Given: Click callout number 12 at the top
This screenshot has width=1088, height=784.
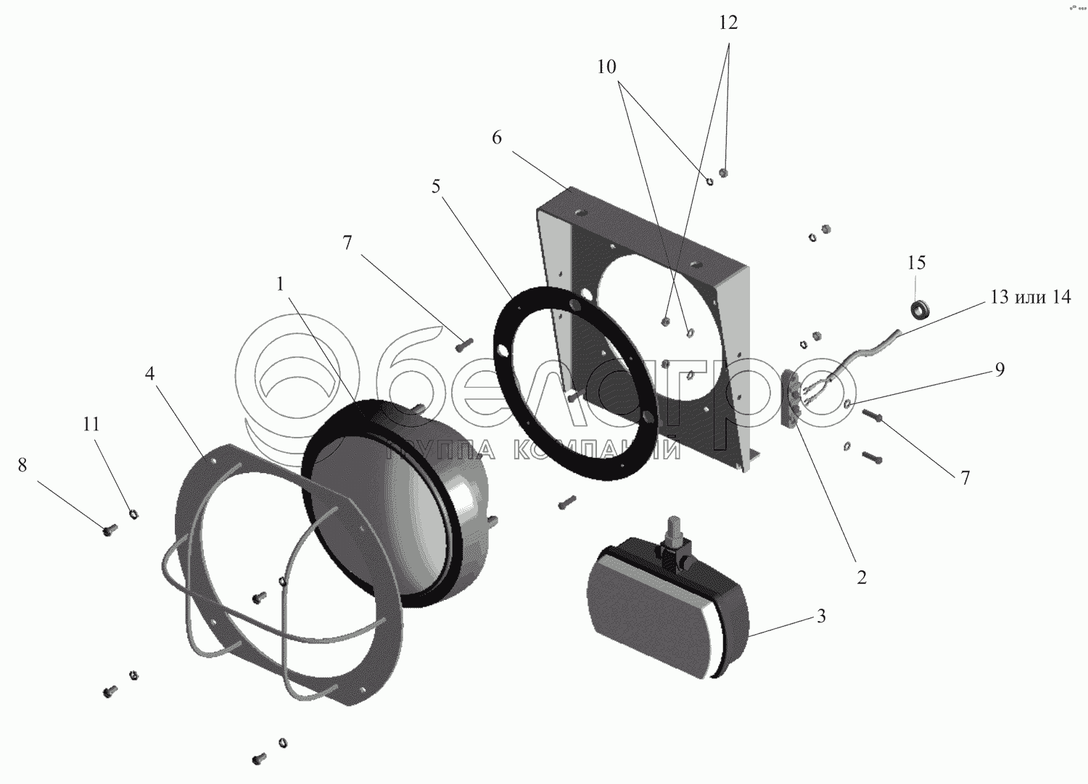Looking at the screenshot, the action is point(728,23).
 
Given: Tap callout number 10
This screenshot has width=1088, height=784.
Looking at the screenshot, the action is point(606,67).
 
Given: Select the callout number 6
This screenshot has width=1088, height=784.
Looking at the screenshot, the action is point(497,138).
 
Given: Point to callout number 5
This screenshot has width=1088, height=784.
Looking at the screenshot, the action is point(436,187).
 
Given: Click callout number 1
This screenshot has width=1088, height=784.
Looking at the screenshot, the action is point(281,285).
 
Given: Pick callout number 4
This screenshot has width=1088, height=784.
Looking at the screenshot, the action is point(149,374).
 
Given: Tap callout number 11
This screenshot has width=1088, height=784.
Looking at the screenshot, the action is point(91,424).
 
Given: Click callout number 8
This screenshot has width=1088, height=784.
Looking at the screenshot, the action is point(22,465).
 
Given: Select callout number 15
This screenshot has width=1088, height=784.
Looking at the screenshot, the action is point(916,262).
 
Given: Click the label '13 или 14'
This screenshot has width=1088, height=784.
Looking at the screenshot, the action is point(1029,297).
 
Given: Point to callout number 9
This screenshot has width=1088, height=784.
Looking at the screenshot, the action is point(1000,370).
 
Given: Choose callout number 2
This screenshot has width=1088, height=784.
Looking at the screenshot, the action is point(861,577).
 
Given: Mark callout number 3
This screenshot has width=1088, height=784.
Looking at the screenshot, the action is point(820,617).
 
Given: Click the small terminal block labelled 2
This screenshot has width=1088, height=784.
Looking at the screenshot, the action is point(793,399).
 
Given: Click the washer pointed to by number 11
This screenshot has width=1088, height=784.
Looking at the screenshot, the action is point(133,514).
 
